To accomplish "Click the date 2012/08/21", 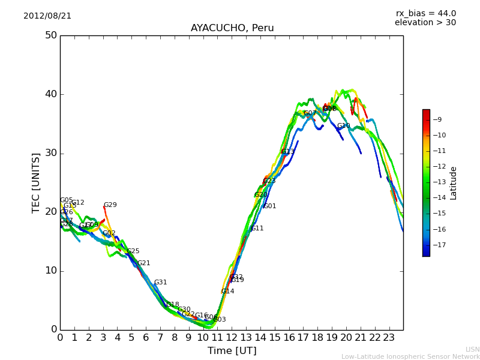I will (47, 16).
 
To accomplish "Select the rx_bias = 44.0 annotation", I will (425, 14).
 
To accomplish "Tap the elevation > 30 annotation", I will (425, 23).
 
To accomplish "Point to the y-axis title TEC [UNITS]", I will (36, 182).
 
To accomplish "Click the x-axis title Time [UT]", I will (232, 351).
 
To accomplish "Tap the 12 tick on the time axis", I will (232, 338).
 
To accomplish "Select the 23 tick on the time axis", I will (389, 338).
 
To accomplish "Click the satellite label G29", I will (110, 205).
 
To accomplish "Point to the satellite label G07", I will (310, 113).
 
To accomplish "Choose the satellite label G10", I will (343, 126).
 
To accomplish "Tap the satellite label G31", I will (160, 283).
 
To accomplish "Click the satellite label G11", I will (257, 229).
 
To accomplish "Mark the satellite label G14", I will (227, 292).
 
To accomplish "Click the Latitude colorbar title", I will (454, 183).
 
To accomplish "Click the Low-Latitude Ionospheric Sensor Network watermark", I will (410, 357).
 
